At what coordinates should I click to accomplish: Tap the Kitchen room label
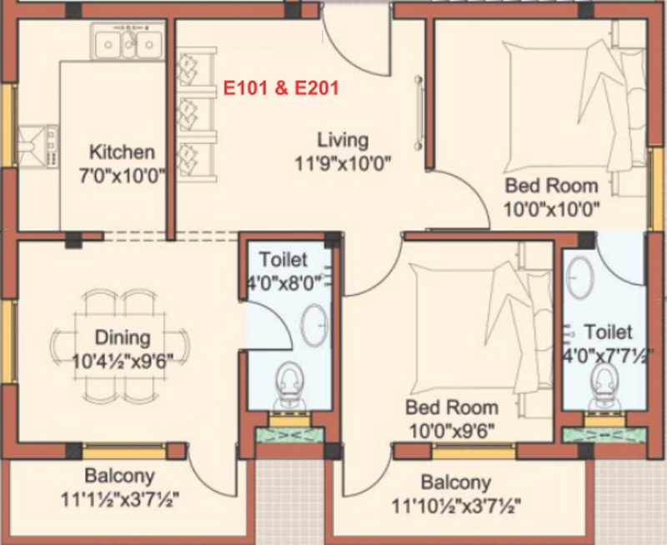tap(122, 152)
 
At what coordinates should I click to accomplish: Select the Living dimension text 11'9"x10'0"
tap(343, 162)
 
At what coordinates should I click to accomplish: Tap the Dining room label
tap(122, 337)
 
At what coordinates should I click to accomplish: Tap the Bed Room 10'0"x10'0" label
tap(551, 185)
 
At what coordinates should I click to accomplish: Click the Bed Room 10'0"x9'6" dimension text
tap(451, 431)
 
